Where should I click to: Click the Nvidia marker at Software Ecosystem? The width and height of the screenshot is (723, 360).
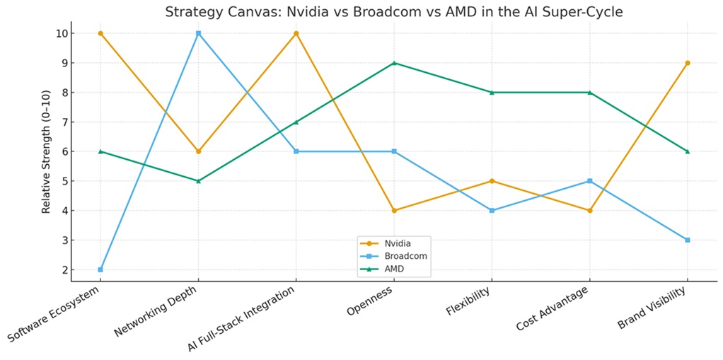click(100, 33)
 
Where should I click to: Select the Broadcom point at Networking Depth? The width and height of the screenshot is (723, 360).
click(198, 33)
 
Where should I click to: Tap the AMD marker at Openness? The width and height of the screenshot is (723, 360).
click(394, 63)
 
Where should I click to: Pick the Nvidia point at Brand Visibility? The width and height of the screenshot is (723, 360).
click(688, 63)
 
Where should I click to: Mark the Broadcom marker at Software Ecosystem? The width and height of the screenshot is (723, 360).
click(100, 269)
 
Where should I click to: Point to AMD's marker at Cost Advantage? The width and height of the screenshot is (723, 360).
click(590, 92)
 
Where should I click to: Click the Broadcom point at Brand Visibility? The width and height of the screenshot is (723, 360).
click(688, 240)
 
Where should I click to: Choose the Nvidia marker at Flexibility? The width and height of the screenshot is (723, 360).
click(492, 181)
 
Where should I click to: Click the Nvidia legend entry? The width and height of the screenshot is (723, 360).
click(396, 243)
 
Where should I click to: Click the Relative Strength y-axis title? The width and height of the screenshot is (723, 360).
click(47, 151)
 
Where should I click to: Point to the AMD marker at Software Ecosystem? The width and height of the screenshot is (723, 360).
click(100, 151)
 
